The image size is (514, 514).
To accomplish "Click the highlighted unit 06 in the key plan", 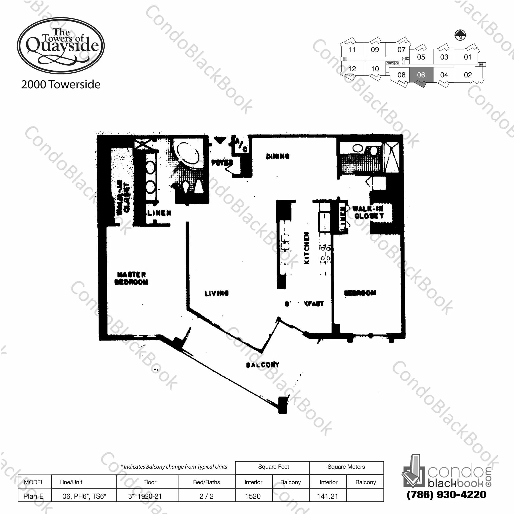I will click(421, 75).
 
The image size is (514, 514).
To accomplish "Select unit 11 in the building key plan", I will click(352, 50).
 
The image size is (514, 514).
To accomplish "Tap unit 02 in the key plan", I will click(468, 75).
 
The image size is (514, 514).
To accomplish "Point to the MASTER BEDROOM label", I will click(132, 278).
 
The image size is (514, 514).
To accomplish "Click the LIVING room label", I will click(217, 293).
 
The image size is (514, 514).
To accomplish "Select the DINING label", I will click(277, 156).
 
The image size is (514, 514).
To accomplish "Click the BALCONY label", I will click(262, 365).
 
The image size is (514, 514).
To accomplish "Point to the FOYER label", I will click(222, 162).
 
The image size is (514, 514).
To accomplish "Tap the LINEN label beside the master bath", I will click(159, 213).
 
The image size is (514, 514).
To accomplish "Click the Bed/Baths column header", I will click(206, 482).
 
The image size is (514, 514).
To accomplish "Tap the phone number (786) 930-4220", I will click(446, 494).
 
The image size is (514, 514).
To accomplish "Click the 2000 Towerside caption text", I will click(61, 85).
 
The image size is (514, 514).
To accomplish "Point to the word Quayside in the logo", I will click(62, 46).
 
